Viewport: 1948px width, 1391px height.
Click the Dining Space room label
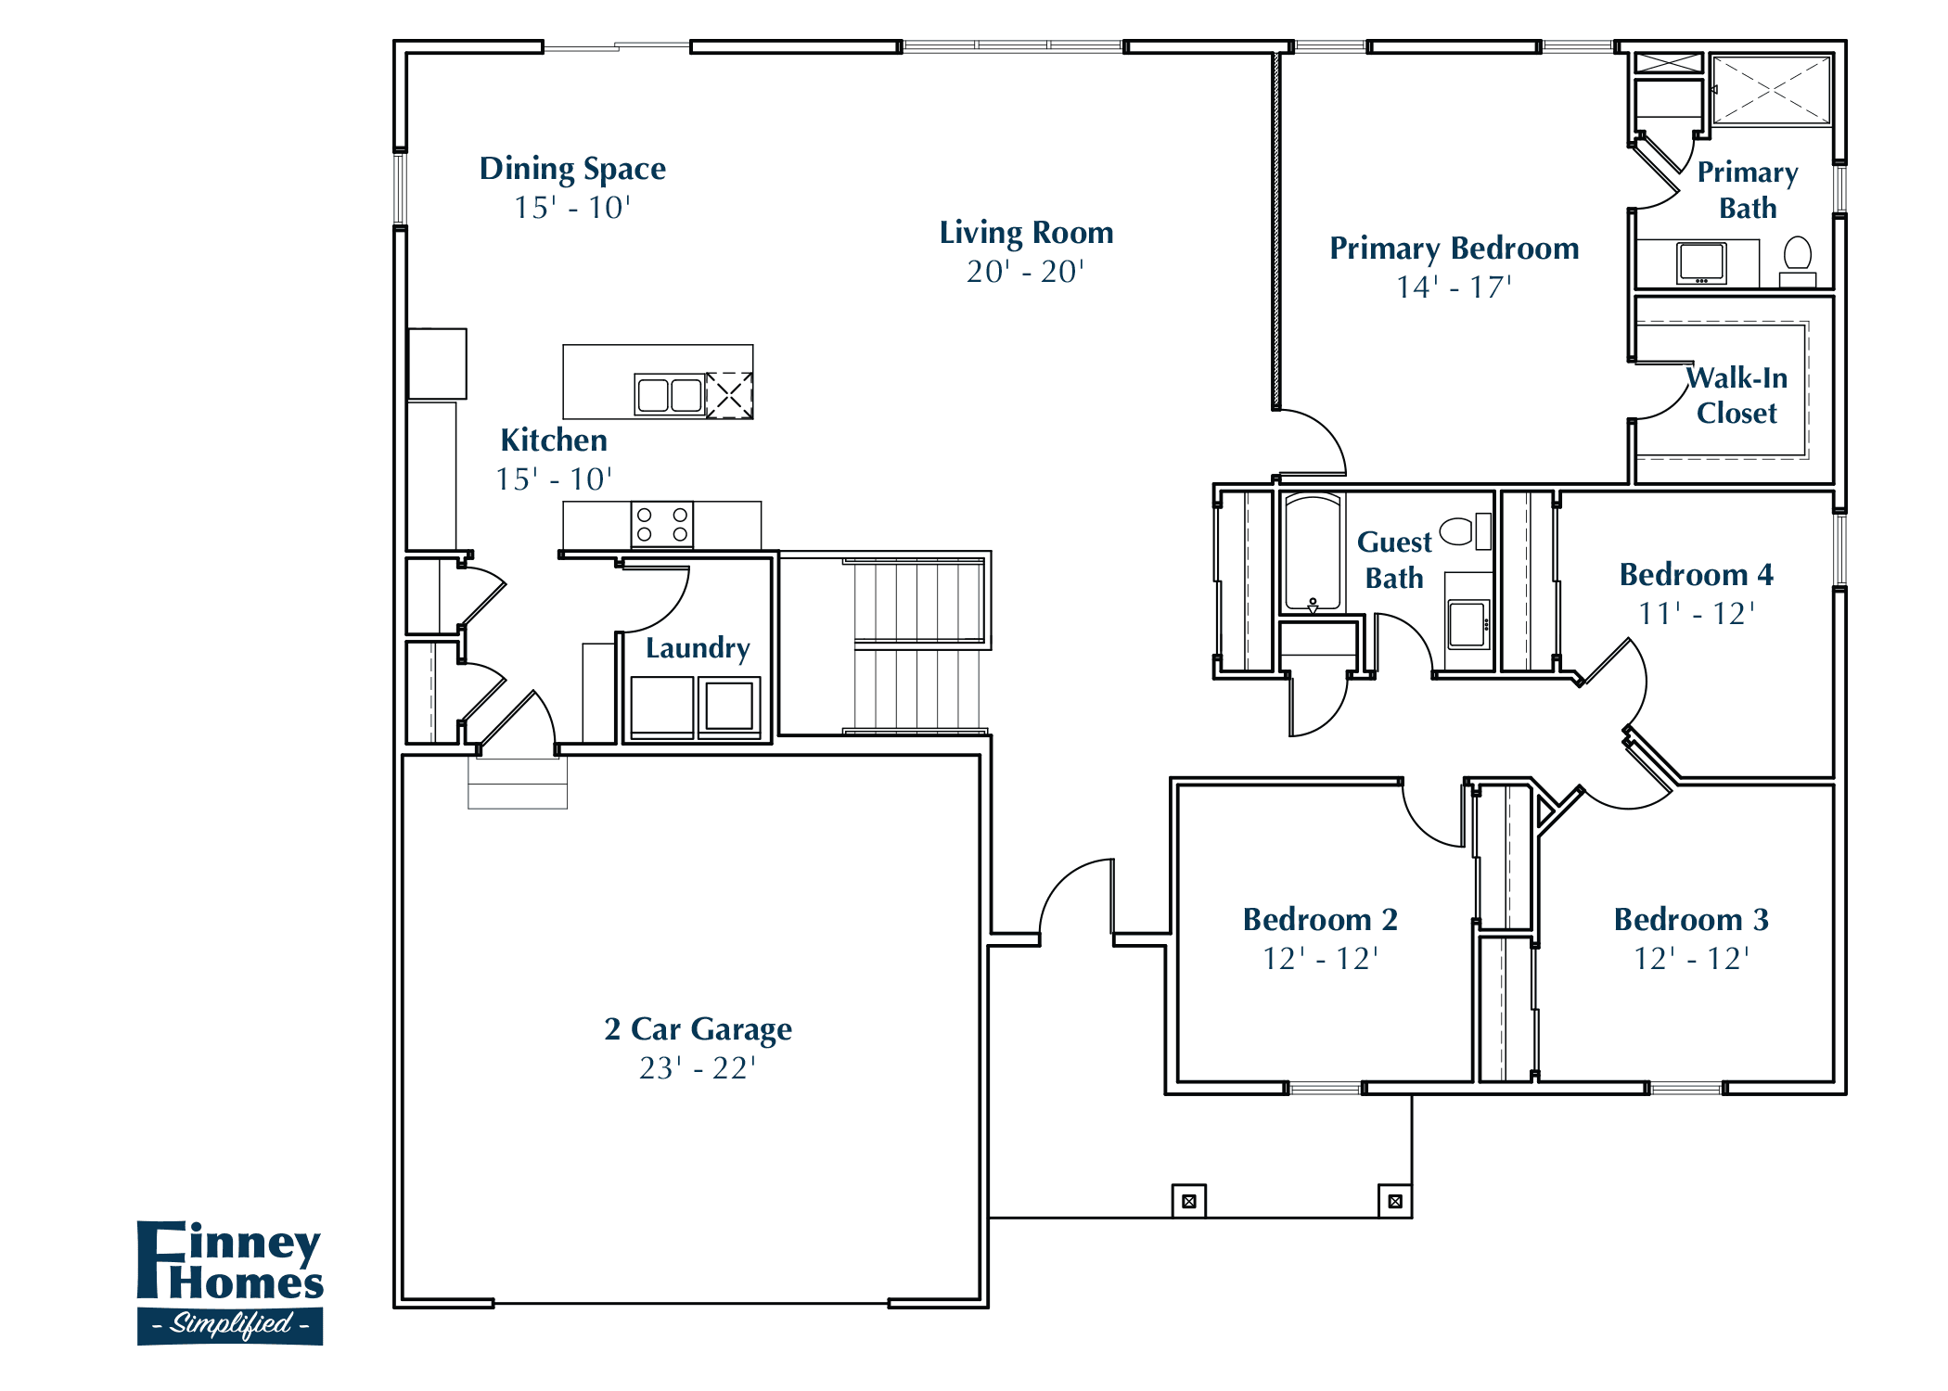pos(572,169)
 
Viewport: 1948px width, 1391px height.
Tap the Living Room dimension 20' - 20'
pos(1025,272)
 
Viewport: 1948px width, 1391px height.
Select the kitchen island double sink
pos(669,395)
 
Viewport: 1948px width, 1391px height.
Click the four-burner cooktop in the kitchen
pos(661,525)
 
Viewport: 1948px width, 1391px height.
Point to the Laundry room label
pos(698,647)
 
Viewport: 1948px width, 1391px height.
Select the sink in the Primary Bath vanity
pos(1701,263)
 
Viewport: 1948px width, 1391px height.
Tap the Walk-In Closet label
pos(1737,395)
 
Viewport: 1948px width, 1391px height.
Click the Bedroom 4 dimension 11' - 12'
pos(1696,614)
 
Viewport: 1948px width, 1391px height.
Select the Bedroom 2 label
pos(1319,919)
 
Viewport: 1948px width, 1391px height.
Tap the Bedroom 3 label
pos(1690,919)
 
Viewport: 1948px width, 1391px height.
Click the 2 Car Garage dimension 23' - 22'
pos(698,1068)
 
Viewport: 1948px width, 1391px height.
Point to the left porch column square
pos(1189,1201)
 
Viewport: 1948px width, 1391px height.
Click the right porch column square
pos(1394,1201)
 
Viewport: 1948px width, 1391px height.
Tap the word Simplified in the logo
pos(231,1323)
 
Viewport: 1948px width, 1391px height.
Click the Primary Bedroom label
pos(1454,249)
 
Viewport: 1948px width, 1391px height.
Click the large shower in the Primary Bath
pos(1771,90)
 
